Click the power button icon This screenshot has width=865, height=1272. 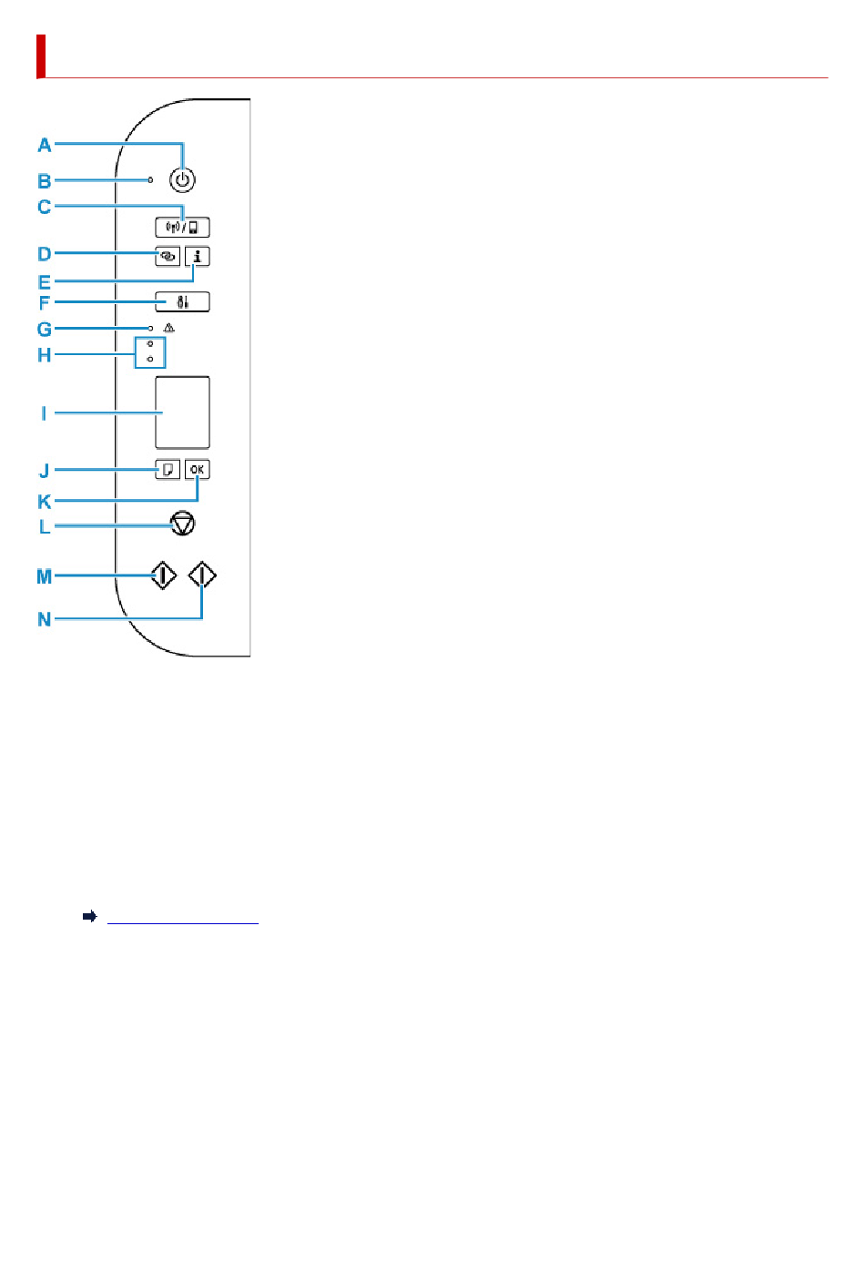tap(182, 180)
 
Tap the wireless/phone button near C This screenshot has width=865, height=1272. tap(182, 227)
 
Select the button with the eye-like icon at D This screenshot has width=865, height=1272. tap(168, 256)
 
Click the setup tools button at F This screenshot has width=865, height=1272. tap(182, 301)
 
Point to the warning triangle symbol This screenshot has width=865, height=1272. tap(169, 328)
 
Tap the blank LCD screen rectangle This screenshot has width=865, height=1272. tap(182, 412)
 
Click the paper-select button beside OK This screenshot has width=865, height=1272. tap(168, 470)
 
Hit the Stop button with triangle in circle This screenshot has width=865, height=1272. tap(183, 524)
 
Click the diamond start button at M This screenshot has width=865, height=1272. tap(163, 575)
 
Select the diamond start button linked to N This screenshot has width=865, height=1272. tap(202, 575)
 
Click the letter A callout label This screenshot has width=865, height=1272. tap(45, 146)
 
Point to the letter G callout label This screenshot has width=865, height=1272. tap(45, 330)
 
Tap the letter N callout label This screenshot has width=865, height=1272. tap(45, 619)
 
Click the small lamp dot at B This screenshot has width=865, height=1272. tap(150, 180)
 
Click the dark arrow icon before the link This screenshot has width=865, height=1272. tap(90, 916)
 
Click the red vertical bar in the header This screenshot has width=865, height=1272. tap(41, 56)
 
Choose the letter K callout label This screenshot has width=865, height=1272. tap(45, 502)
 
